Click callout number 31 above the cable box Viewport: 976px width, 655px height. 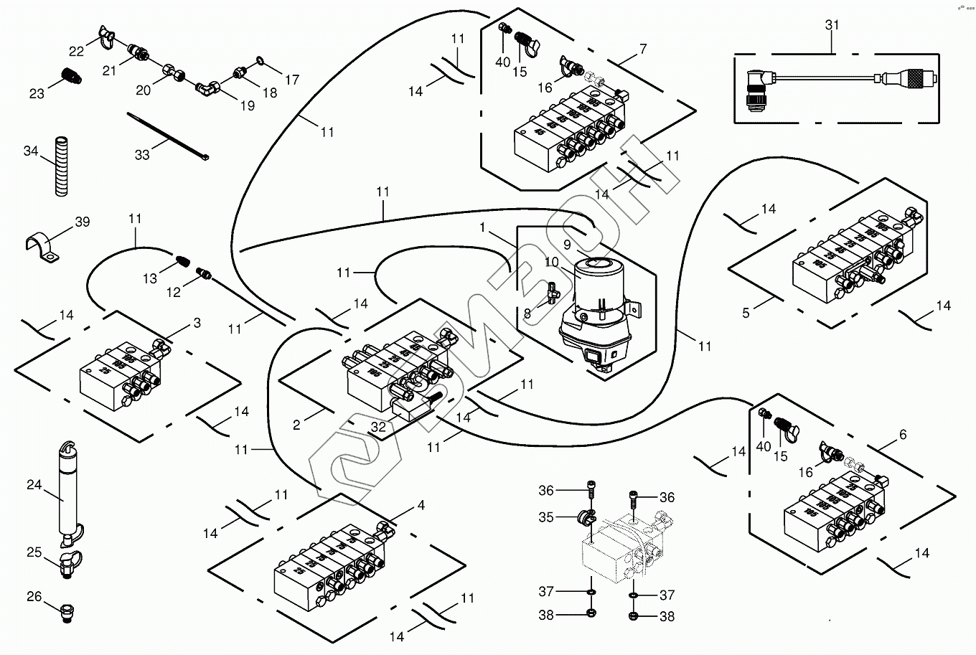[x=832, y=25]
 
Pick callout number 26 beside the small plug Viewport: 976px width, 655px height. [x=34, y=596]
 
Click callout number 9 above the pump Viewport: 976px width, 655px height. [x=567, y=244]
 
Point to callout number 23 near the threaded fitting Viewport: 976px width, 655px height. [x=36, y=93]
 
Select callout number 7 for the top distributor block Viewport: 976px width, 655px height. [x=642, y=49]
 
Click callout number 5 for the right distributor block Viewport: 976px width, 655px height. [x=746, y=313]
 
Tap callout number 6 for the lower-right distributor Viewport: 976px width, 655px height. [x=902, y=434]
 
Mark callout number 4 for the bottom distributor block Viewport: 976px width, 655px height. [x=421, y=506]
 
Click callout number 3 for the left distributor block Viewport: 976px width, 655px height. [x=197, y=324]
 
